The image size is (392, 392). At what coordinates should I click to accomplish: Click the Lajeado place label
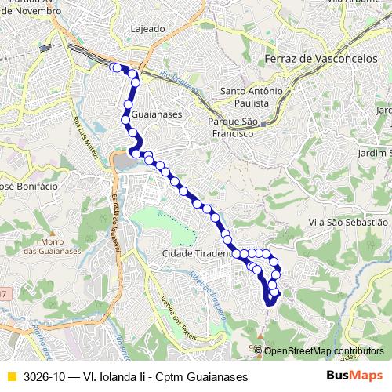(149, 29)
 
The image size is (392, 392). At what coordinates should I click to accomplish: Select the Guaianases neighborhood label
(158, 114)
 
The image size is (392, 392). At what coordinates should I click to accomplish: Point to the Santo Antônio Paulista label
(250, 96)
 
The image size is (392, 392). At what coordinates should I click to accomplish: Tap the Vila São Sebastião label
(349, 223)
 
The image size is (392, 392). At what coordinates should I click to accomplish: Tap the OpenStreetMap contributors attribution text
(324, 350)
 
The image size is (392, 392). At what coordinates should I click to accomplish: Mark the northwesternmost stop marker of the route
(114, 67)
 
